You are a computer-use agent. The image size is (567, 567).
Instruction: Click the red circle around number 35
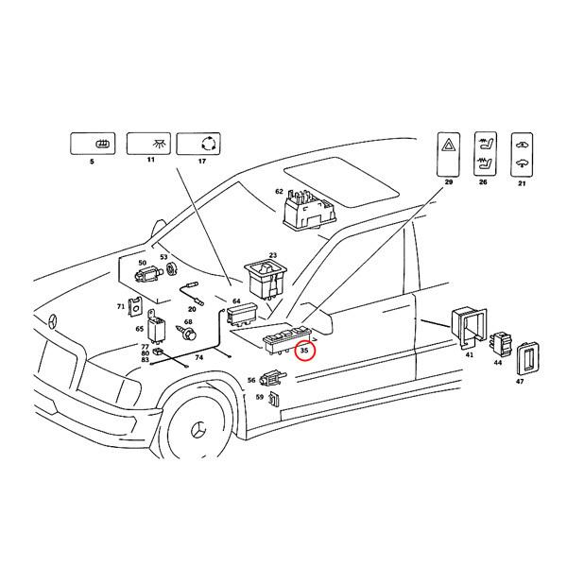(x=304, y=351)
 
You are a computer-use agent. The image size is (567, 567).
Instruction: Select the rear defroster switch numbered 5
(x=92, y=145)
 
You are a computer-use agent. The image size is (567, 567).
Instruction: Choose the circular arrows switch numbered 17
(x=201, y=145)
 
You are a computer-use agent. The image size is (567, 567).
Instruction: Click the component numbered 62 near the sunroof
(x=308, y=207)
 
